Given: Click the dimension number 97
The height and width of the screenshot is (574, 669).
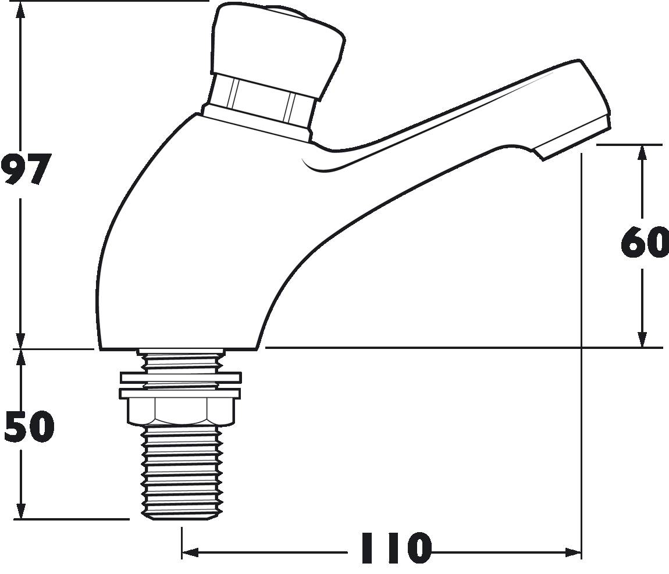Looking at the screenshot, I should [x=25, y=169].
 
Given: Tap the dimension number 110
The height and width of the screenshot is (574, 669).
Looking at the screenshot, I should [x=396, y=548].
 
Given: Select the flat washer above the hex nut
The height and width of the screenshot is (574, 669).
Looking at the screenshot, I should [x=180, y=377].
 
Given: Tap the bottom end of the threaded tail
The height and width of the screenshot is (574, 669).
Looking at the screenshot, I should [x=182, y=514].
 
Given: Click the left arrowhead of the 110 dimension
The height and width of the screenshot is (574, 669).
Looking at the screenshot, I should [x=187, y=552].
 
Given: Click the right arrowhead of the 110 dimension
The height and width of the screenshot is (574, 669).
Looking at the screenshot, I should [x=576, y=552].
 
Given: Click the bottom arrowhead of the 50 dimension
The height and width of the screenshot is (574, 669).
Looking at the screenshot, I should [x=21, y=513].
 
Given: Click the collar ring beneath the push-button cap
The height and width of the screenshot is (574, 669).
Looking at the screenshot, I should [x=262, y=102].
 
